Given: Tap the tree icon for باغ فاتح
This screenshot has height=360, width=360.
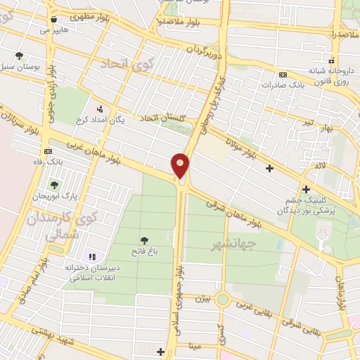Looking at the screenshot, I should tap(144, 240).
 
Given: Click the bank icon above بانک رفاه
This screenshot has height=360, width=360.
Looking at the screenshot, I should tap(48, 151).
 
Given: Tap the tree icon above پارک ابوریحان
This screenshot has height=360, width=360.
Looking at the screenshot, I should tap(53, 186).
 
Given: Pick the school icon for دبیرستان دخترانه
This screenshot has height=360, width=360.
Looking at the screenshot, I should tap(91, 256).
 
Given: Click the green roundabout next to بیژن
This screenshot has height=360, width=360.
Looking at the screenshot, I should tap(223, 300).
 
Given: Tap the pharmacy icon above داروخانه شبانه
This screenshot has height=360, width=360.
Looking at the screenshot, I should tap(333, 61).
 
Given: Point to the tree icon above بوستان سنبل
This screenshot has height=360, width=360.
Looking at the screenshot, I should tap(18, 56).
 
